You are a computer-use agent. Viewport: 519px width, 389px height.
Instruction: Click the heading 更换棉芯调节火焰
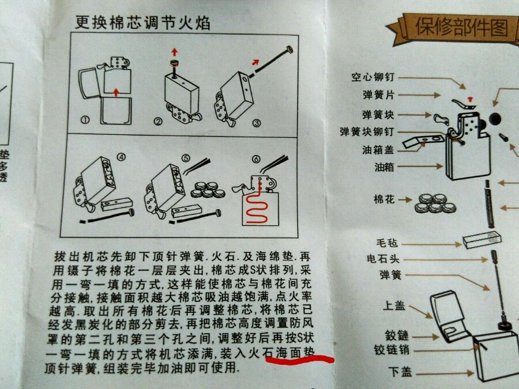tap(142, 23)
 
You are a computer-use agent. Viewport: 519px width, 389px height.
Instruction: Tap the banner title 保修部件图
tap(461, 27)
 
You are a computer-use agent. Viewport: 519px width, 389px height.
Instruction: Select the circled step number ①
tap(85, 120)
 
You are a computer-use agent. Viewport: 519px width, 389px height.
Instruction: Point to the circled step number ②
tap(158, 122)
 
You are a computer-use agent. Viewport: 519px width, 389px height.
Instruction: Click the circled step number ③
tap(257, 123)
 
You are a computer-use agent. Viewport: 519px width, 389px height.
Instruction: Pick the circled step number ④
tap(122, 157)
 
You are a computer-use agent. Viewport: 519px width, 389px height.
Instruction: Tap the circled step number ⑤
tap(186, 158)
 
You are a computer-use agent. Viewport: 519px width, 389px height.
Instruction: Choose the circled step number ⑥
tap(256, 160)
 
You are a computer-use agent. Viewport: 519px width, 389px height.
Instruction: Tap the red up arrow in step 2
tap(174, 52)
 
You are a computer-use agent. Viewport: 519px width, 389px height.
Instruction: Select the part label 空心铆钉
tap(373, 77)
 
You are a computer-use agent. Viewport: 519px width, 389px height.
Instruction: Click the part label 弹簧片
tap(379, 95)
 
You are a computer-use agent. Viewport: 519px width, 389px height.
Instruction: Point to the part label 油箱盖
tap(378, 150)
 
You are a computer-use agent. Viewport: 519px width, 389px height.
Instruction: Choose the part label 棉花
tap(384, 199)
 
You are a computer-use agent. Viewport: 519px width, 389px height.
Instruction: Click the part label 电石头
tap(383, 259)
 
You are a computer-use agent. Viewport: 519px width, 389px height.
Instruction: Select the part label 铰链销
tap(392, 350)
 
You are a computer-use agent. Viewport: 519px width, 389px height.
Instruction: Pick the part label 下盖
tap(400, 372)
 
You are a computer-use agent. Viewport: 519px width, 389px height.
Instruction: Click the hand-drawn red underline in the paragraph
tap(299, 360)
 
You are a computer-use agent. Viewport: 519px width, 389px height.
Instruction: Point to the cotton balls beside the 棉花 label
tap(435, 203)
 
